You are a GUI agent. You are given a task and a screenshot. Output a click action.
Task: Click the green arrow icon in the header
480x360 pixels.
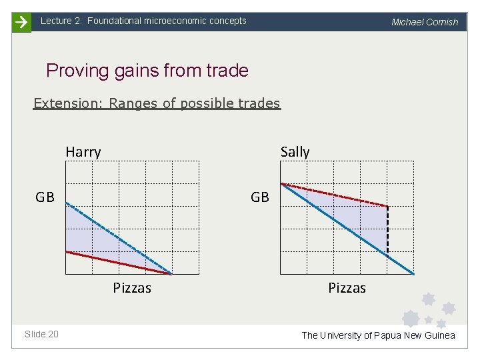click(x=21, y=22)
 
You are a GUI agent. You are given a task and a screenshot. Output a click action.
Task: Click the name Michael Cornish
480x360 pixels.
click(x=425, y=22)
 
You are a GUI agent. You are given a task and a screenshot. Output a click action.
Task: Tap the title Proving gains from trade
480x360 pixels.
click(x=147, y=71)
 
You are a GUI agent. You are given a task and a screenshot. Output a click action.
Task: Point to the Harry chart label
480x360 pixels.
click(x=83, y=152)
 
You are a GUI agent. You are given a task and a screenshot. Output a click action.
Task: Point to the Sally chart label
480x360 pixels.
click(x=295, y=152)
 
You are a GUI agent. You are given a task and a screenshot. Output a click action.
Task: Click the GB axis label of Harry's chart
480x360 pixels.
click(x=45, y=197)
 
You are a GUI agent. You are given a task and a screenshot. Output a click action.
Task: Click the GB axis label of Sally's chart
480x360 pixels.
click(x=260, y=197)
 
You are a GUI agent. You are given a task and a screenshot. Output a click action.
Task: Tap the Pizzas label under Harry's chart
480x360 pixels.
click(x=132, y=288)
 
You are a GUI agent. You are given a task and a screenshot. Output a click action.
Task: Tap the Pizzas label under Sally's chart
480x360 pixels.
click(x=347, y=288)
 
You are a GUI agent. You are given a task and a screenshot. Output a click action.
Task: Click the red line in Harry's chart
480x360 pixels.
click(x=119, y=263)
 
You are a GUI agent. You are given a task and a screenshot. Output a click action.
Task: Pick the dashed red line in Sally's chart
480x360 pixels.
click(x=333, y=195)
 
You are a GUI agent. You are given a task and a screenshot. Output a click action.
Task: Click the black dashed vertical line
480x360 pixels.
click(x=387, y=230)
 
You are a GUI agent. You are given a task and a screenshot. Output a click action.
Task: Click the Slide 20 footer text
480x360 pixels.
click(x=41, y=334)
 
